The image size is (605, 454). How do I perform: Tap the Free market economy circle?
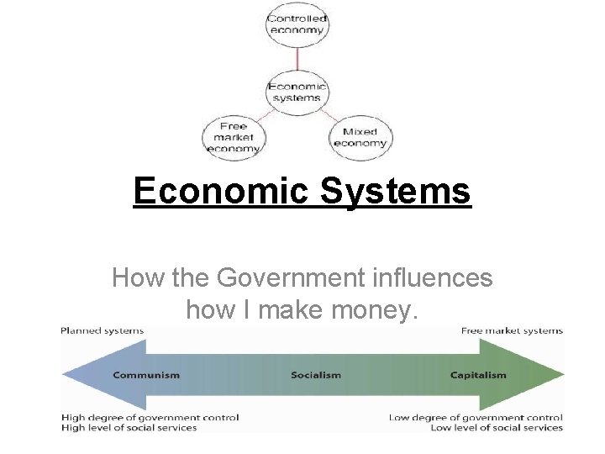pos(234,137)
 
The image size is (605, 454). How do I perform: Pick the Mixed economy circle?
pos(361,137)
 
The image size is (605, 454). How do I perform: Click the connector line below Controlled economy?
pos(297,60)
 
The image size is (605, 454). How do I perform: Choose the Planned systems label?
pos(102,330)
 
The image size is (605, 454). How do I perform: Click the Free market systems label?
pos(512,330)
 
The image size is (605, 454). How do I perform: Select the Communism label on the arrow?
pos(146,375)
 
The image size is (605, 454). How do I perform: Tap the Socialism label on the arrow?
pos(316,375)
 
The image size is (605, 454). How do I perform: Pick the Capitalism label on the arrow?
pos(478,375)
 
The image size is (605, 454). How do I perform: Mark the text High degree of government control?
pos(150,417)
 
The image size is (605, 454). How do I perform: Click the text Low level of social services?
pos(496,428)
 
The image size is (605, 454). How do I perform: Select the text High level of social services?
pos(129,428)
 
